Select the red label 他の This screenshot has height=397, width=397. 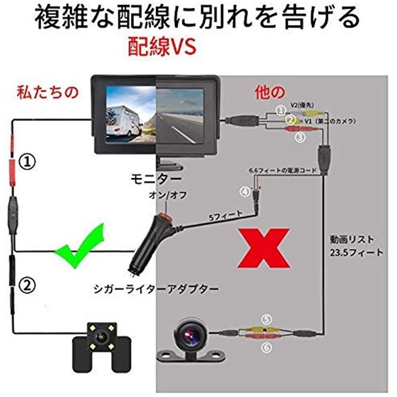(269, 92)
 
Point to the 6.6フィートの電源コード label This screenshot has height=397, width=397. (282, 171)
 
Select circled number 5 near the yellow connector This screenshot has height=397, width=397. (267, 319)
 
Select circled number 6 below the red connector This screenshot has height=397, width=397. (267, 347)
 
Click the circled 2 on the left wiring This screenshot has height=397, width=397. (26, 285)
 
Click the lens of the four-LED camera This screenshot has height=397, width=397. (102, 337)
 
